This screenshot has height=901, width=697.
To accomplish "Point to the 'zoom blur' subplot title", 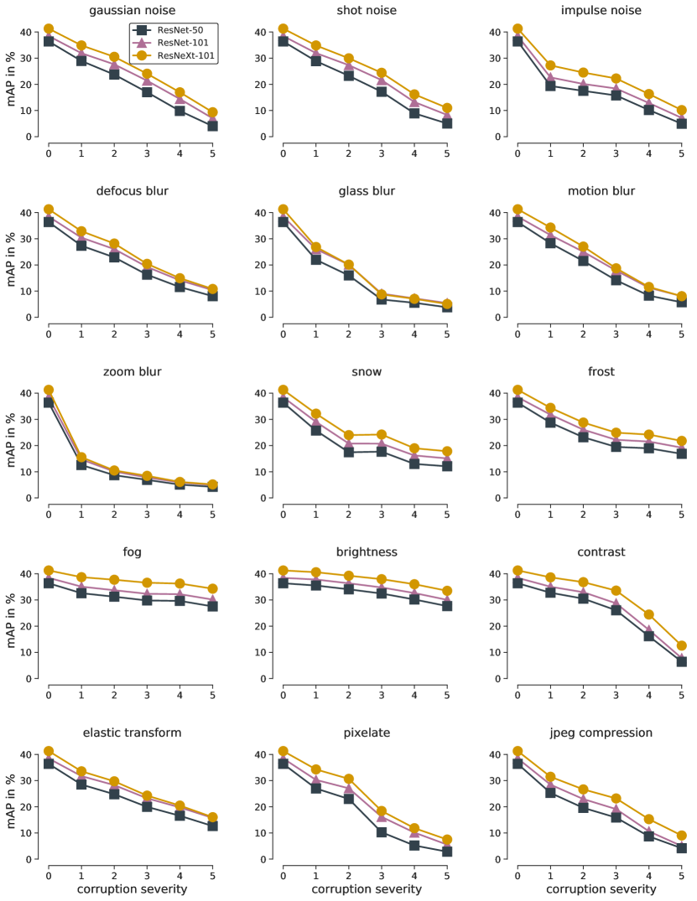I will pos(131,371).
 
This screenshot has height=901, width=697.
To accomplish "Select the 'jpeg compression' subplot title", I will pos(600,733).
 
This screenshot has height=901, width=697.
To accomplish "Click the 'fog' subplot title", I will pos(131,552).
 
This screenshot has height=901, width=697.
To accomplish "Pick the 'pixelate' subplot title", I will pos(366,733).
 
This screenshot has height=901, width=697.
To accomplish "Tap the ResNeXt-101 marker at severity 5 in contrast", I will pos(681,645).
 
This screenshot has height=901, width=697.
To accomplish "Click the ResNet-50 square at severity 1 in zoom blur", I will pos(81,463).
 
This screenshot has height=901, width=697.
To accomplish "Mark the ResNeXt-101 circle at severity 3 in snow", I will pos(382,434).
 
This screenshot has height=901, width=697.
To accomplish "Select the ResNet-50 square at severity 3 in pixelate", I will pos(382,832).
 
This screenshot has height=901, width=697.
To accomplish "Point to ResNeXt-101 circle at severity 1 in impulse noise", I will pos(550,65).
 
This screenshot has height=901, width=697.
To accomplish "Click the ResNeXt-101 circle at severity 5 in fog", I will pos(212,588).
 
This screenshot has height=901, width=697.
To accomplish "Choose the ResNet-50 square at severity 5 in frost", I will pos(681,453).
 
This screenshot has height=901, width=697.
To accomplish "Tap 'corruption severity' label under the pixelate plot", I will pos(366,888).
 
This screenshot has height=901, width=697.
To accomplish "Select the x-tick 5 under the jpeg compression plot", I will pos(681,873).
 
